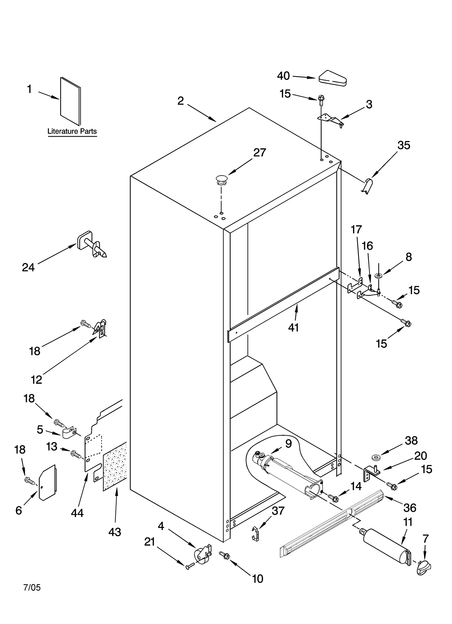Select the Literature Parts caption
click(x=72, y=131)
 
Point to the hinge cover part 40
click(x=333, y=78)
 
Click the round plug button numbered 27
click(x=221, y=180)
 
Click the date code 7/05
click(x=32, y=588)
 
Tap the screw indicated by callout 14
click(x=334, y=498)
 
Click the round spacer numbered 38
click(x=376, y=457)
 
